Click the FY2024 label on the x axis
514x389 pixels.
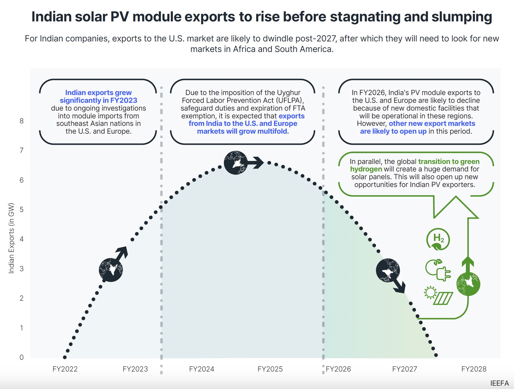(x=202, y=369)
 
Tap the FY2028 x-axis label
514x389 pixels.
(x=474, y=369)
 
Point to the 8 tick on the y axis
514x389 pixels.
(x=22, y=121)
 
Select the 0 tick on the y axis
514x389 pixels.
(x=22, y=357)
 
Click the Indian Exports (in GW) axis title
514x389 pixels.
(x=11, y=238)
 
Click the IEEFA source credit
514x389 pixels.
(x=499, y=383)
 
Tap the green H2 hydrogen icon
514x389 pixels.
(x=438, y=239)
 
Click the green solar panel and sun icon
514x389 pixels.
(x=438, y=295)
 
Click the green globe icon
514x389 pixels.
(x=468, y=284)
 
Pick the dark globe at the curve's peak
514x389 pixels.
(x=236, y=163)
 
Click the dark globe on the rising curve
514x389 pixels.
(x=111, y=270)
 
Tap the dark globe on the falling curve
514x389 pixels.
(x=388, y=270)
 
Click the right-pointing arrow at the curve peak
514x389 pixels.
(x=256, y=163)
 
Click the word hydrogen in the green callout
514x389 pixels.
(x=366, y=169)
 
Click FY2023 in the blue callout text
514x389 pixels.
(x=123, y=100)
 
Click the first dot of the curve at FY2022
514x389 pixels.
(x=65, y=357)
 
